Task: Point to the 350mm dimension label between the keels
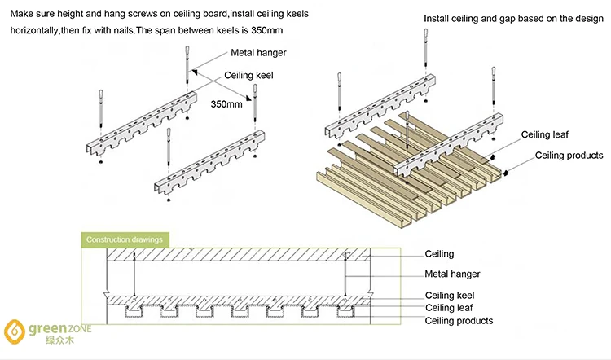pos(227,104)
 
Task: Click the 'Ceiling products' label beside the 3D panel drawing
pos(569,155)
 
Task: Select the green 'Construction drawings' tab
pos(124,239)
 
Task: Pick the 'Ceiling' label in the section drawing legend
pos(439,255)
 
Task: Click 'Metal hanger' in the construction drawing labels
pos(452,274)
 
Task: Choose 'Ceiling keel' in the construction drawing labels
pos(450,295)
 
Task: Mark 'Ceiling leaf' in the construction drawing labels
pos(448,308)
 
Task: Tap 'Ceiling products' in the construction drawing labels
pos(459,321)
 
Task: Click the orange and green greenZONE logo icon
pos(15,332)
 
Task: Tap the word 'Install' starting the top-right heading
pos(438,18)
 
